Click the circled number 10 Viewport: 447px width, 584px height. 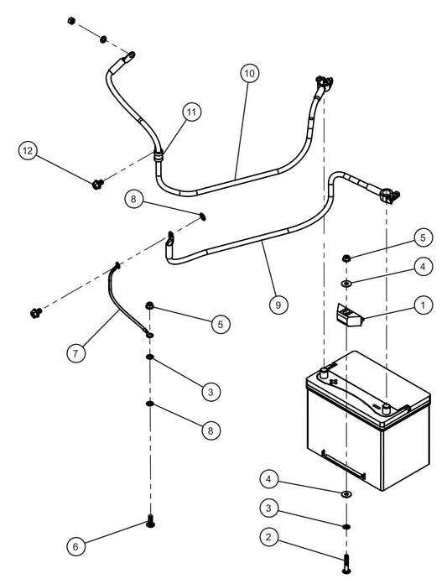point(249,73)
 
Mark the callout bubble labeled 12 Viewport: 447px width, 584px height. point(29,150)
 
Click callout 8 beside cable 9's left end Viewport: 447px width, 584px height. point(133,199)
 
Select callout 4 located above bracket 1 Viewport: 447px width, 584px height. point(423,266)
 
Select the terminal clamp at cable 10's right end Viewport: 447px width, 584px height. point(323,82)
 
